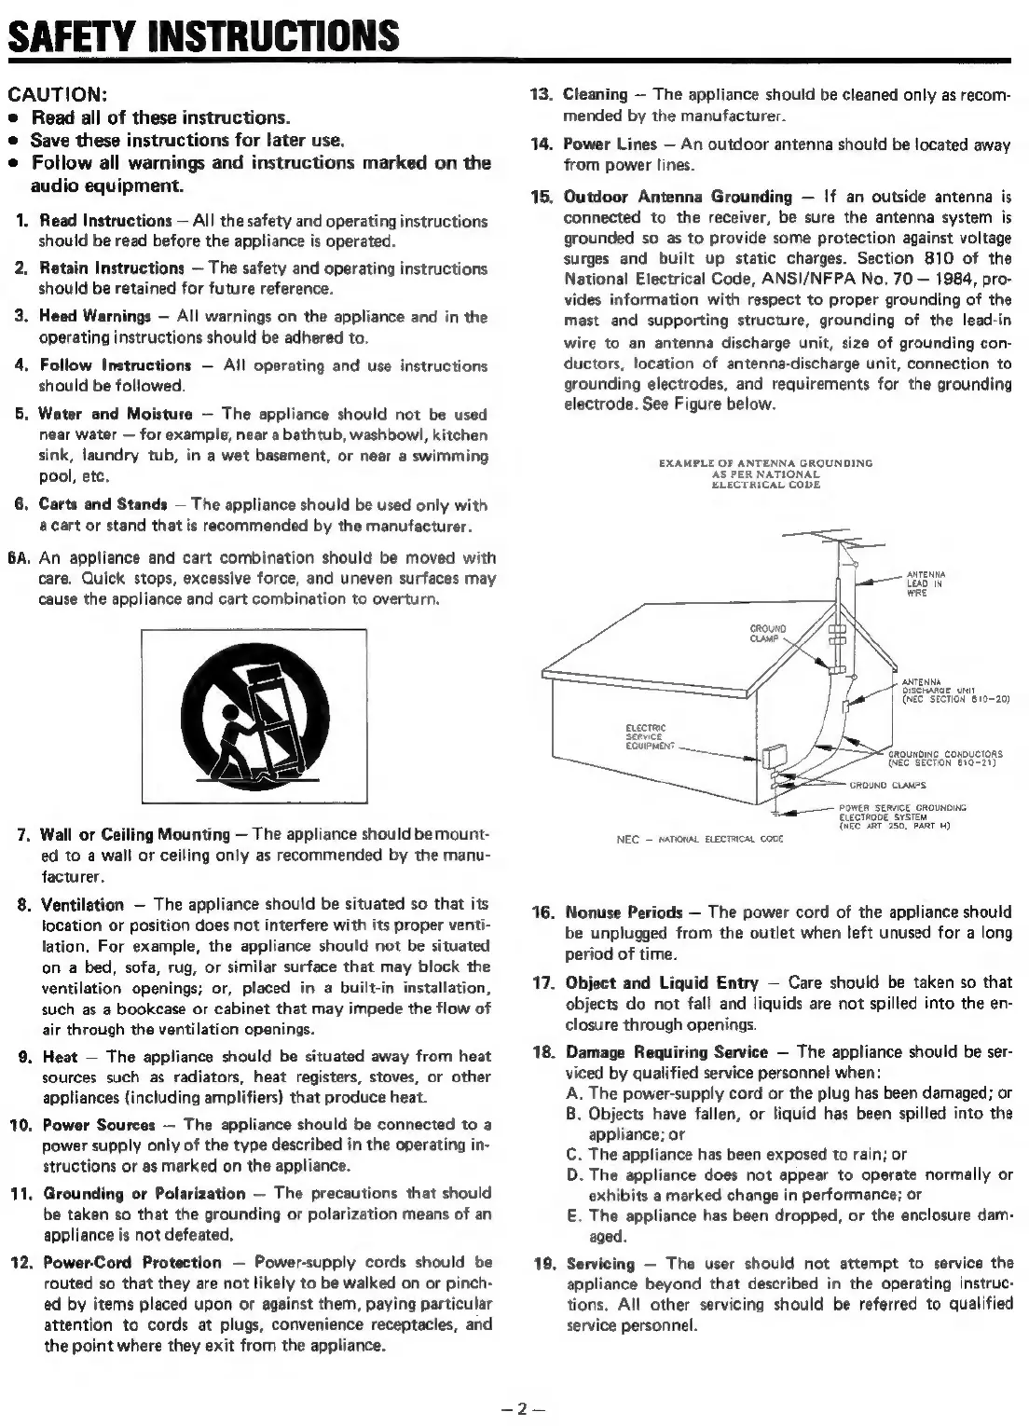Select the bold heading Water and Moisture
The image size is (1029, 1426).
click(x=116, y=414)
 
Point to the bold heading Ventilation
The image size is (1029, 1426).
click(x=83, y=905)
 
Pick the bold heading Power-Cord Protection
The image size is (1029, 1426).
click(x=132, y=1263)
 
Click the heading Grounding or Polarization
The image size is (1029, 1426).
click(x=144, y=1194)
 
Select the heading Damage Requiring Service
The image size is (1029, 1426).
click(x=667, y=1052)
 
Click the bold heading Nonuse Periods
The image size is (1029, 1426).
click(x=624, y=912)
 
